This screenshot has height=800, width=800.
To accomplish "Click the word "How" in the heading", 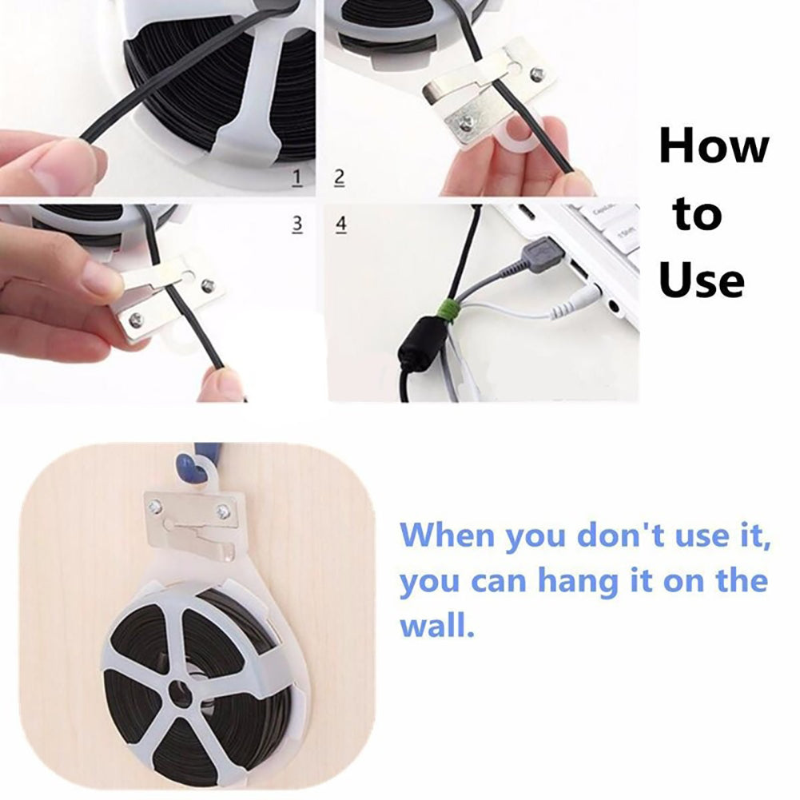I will click(x=714, y=148).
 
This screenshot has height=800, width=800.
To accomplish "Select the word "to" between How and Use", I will click(x=697, y=216).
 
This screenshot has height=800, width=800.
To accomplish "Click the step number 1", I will click(x=297, y=177).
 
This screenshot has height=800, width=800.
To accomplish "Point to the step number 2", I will click(x=339, y=177).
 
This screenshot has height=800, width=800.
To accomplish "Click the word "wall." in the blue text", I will click(x=437, y=625).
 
